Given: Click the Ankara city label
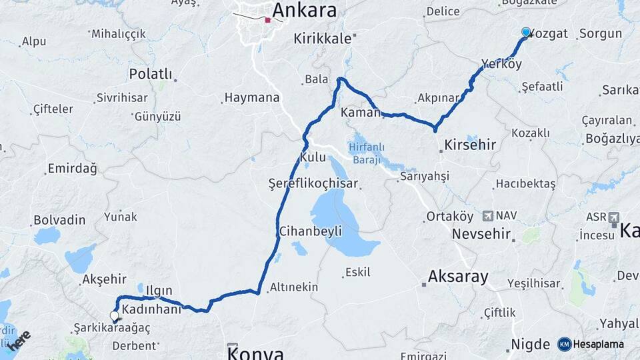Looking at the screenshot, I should coord(305,11).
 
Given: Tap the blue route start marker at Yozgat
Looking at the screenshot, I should coord(526,32).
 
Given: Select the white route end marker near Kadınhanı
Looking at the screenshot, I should coord(115,315).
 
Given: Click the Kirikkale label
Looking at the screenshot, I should coord(323,39).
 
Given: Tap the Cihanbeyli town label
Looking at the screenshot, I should coord(311,231).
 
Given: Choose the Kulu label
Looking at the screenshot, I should coord(313,157).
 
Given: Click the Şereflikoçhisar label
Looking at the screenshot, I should coord(313,183).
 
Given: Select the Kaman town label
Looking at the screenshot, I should coord(360,113).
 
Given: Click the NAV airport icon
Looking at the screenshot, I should coord(488,216).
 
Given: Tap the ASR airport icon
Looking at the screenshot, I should coord(613,217).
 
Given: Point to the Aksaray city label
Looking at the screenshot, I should coord(458,276).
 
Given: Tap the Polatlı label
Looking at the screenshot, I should coord(151,73).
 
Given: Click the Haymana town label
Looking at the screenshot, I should coord(252,97).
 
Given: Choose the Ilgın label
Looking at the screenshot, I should coord(159,291).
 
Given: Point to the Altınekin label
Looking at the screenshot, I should coord(293,287).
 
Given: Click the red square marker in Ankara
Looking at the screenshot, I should coord(267,20).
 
